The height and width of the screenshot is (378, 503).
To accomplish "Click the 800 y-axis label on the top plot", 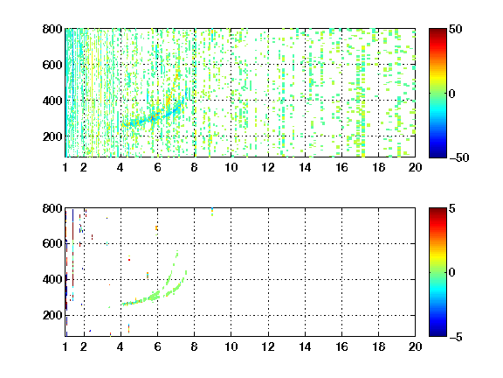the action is click(52, 29).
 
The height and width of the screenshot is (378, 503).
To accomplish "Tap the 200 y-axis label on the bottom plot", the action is click(52, 315).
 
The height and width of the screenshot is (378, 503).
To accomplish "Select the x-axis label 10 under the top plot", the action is click(231, 167).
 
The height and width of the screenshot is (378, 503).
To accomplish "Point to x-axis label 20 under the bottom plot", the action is click(415, 346).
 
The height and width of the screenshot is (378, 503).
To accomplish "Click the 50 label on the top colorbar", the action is click(455, 29).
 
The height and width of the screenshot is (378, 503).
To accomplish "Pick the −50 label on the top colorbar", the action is click(459, 157).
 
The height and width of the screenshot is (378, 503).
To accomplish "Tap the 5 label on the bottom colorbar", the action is click(452, 208).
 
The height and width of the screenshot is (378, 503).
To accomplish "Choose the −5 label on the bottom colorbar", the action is click(456, 337).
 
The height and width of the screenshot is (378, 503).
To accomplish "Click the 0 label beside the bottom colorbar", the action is click(452, 273).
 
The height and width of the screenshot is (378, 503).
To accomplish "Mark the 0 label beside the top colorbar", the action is click(452, 94).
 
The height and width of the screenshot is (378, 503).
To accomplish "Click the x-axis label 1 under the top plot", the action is click(65, 167).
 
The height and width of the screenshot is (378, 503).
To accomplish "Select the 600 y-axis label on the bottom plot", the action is click(52, 243).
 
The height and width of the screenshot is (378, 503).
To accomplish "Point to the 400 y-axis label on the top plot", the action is click(52, 101).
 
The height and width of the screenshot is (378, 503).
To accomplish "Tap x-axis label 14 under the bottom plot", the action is click(305, 346).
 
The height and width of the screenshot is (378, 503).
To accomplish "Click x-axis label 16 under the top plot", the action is click(341, 167).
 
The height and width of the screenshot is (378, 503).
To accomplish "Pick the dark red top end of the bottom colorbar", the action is click(438, 211).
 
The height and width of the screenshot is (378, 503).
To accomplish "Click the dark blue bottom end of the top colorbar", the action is click(438, 155).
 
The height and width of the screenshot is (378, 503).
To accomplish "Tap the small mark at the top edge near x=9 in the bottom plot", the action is click(212, 212).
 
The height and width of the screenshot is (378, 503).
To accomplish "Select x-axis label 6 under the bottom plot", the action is click(157, 346).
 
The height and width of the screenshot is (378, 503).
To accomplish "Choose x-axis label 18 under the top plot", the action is click(378, 167).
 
